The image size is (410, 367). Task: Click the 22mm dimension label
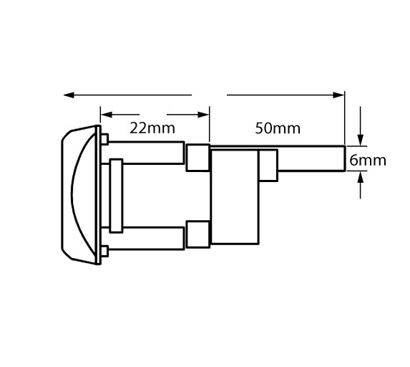(152, 128)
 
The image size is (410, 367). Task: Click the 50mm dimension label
(278, 128)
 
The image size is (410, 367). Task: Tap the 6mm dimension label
(368, 160)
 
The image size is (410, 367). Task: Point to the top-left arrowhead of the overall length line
(69, 95)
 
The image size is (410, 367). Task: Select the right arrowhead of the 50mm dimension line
(339, 95)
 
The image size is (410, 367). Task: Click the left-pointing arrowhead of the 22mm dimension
(107, 115)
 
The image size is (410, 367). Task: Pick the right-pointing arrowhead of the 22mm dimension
(203, 115)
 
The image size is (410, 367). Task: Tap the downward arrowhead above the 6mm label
(361, 140)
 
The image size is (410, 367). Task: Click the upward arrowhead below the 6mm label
(361, 176)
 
